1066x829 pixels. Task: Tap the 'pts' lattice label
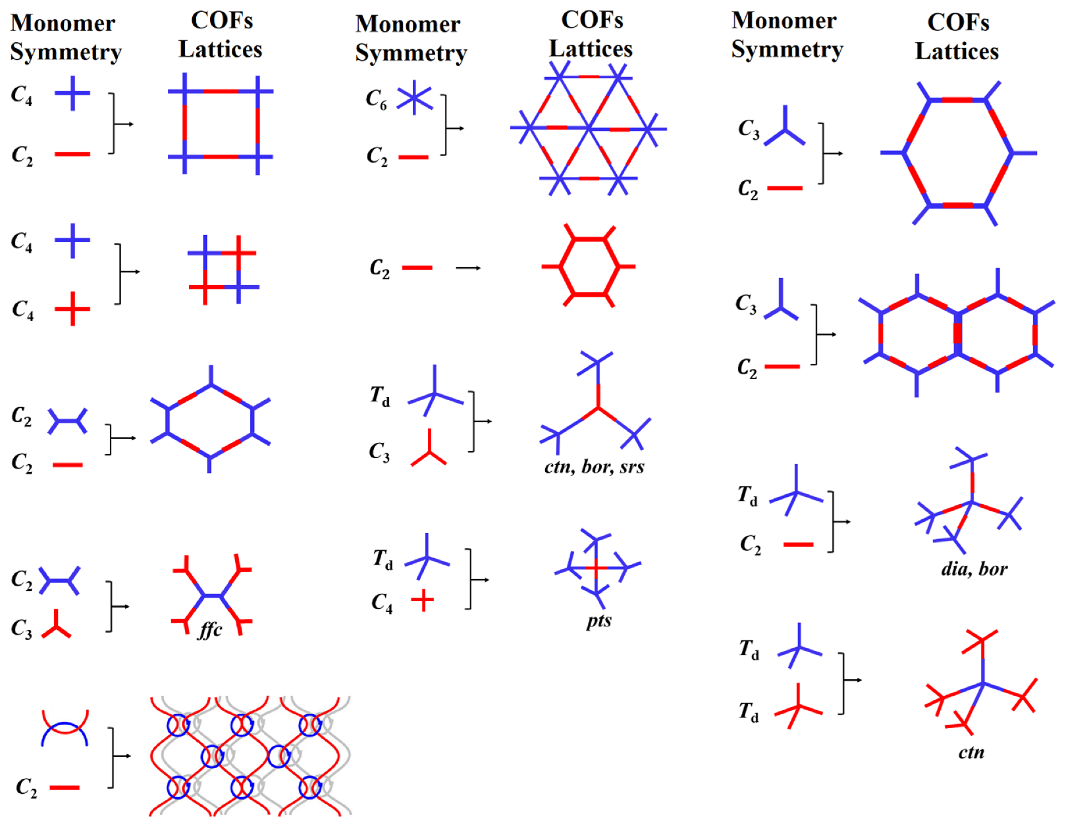598,621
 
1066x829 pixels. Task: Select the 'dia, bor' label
974,569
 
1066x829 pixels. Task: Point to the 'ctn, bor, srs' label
594,467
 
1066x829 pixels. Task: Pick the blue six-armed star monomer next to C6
414,98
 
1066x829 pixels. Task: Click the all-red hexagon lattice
589,267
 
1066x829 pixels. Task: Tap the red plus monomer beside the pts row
422,600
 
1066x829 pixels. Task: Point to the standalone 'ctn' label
971,752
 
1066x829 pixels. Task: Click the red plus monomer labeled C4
72,309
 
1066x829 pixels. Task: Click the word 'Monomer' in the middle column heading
408,24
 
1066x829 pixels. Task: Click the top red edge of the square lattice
221,91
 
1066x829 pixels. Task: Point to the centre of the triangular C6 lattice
589,129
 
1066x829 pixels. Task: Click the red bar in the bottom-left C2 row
65,787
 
